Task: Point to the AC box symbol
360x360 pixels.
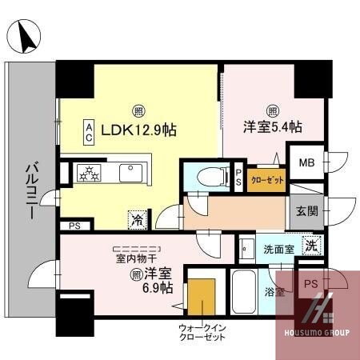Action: [x=90, y=130]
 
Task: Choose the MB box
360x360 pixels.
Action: [x=307, y=163]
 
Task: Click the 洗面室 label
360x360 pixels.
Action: [x=279, y=249]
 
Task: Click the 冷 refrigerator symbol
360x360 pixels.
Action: [x=137, y=216]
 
